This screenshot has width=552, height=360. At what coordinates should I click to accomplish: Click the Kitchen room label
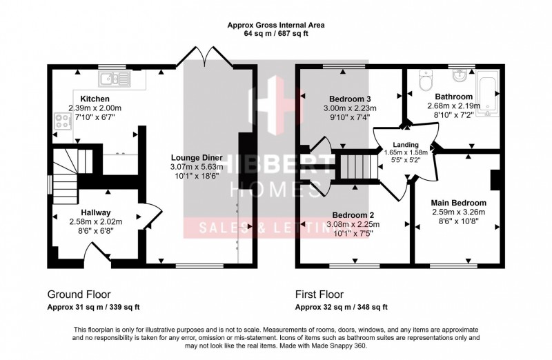click(95, 99)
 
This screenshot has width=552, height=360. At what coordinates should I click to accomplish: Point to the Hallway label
click(95, 212)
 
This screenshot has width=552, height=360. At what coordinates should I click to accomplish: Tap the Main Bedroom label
click(458, 203)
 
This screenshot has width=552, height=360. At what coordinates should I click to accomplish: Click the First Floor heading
click(322, 292)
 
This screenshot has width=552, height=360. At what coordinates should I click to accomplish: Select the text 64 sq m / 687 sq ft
click(275, 34)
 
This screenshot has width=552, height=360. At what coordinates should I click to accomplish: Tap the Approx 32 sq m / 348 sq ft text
click(341, 308)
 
